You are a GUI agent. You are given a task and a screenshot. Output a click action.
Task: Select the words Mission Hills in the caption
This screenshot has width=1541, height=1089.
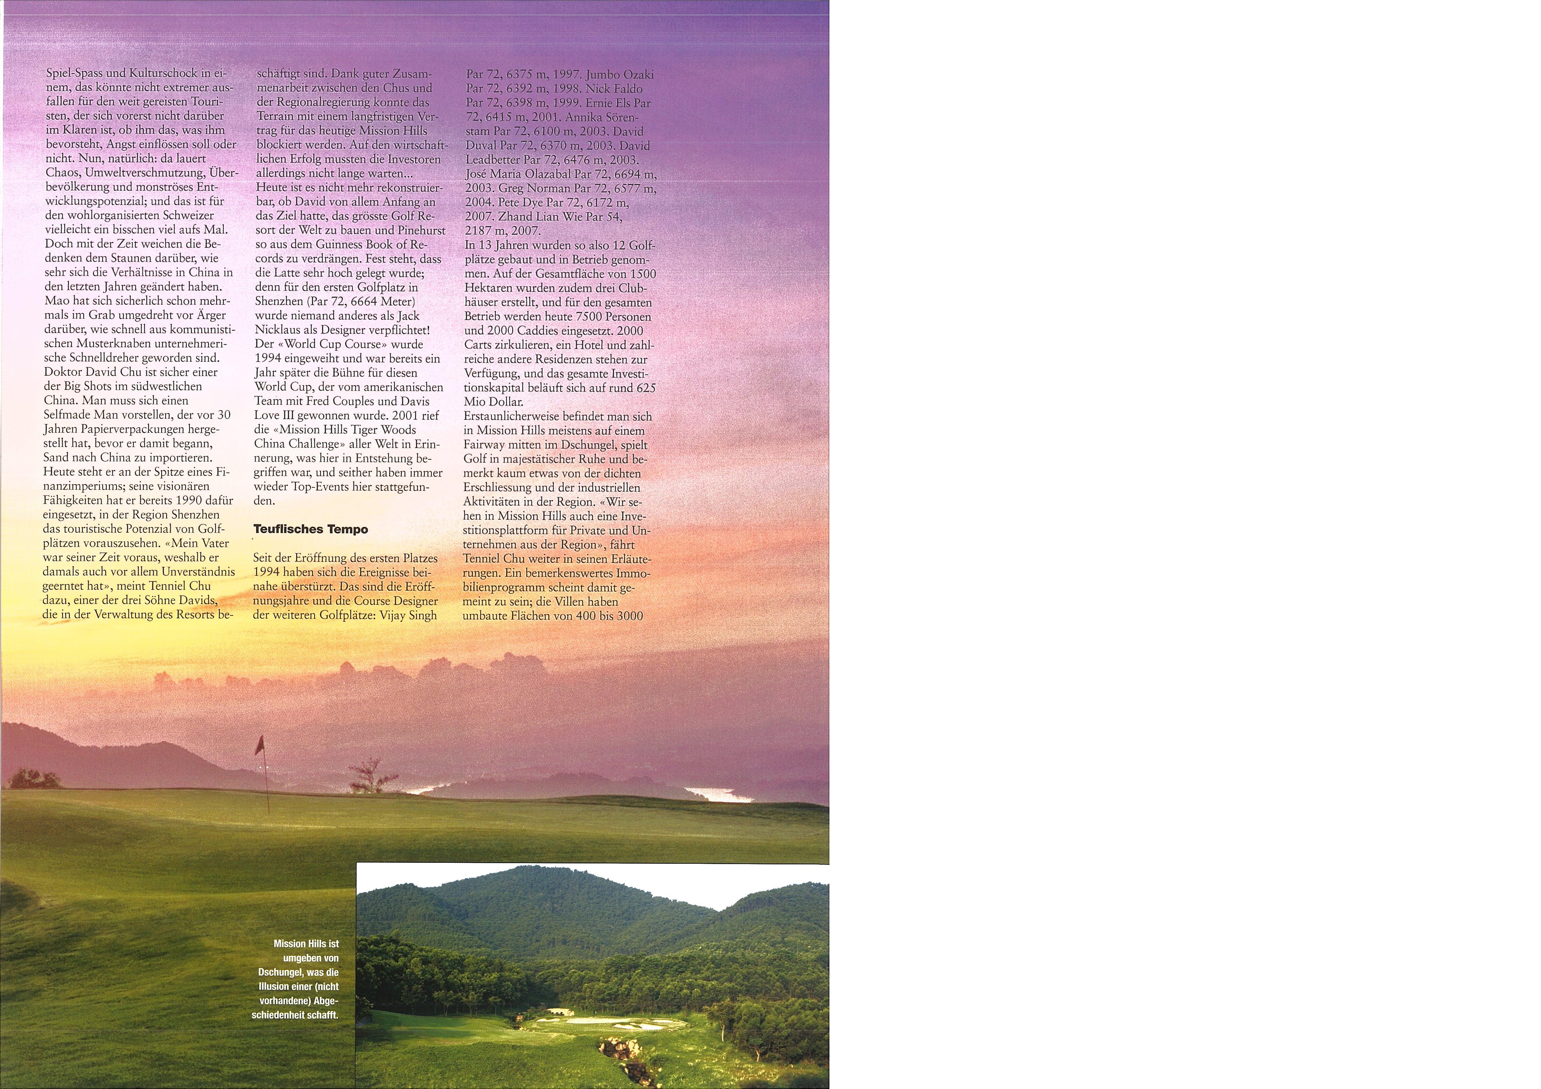coord(305,943)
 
